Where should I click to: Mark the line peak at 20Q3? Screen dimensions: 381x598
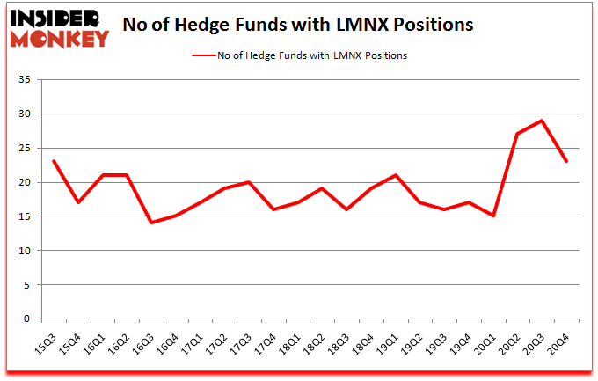(x=543, y=121)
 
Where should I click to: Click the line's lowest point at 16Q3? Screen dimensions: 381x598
(x=151, y=223)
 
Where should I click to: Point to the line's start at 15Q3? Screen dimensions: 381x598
(x=54, y=161)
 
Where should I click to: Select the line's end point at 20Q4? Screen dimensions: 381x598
(x=567, y=161)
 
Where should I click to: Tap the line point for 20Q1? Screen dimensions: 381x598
(x=494, y=216)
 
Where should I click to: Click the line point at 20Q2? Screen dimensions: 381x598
(x=518, y=134)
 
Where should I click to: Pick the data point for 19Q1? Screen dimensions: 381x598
(x=396, y=175)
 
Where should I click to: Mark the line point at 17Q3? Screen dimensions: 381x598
(x=250, y=182)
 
